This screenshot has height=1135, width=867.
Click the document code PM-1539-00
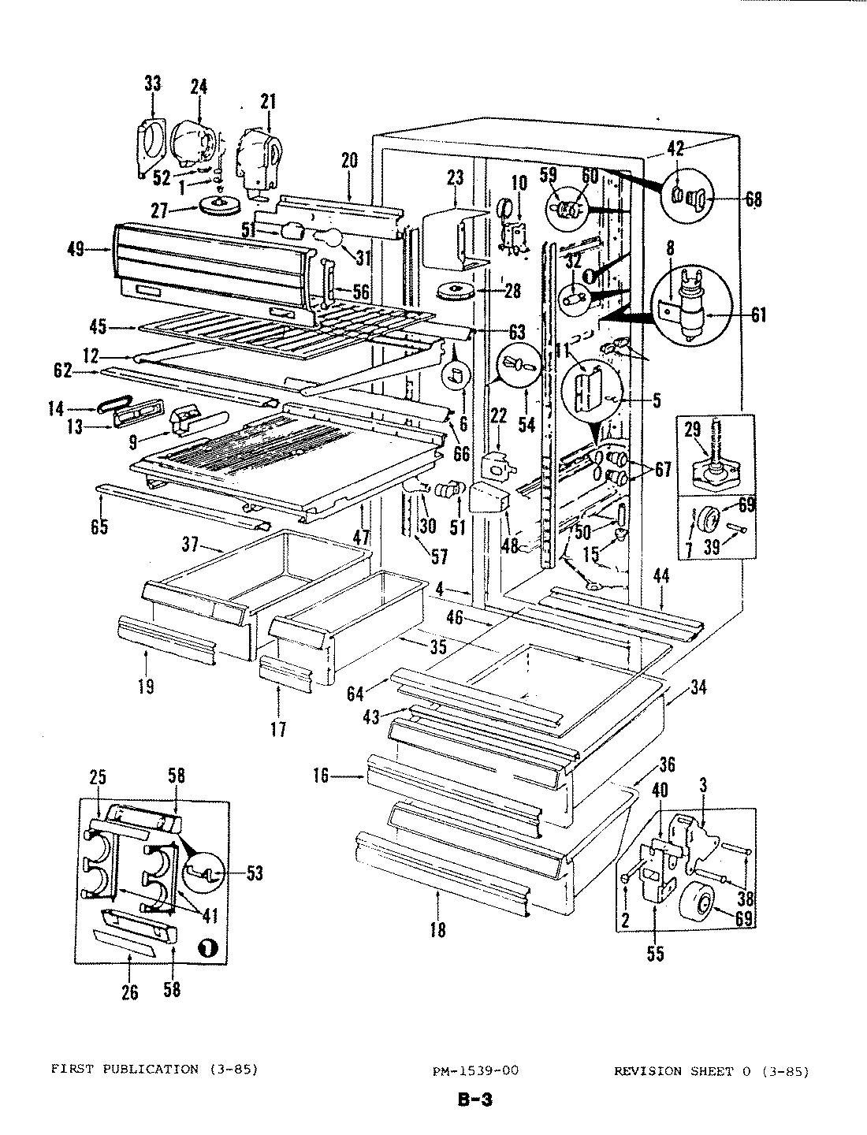[474, 1070]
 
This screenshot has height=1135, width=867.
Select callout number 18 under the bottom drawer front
[437, 931]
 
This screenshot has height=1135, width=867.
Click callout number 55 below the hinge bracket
[655, 955]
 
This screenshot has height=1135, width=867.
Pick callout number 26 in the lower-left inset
[130, 992]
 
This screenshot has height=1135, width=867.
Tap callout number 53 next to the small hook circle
[255, 873]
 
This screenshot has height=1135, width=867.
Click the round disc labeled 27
[221, 207]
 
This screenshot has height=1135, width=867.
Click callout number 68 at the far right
[754, 199]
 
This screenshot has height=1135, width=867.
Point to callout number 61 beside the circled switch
[757, 317]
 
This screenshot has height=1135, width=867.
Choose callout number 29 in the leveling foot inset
[692, 430]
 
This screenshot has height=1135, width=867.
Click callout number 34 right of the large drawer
[698, 688]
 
